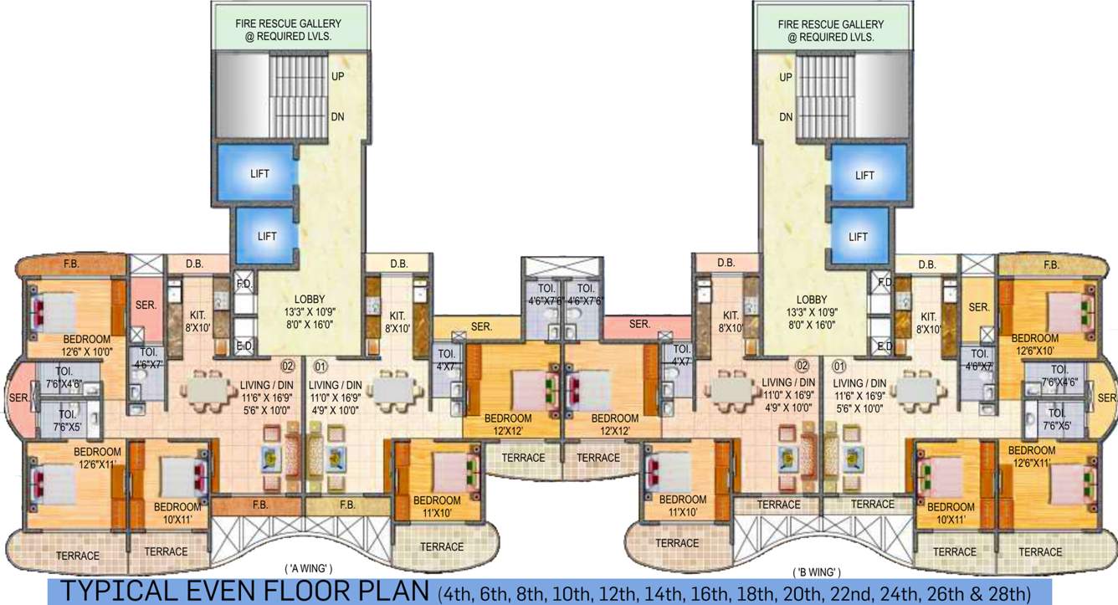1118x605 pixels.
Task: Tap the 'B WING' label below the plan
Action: point(817,572)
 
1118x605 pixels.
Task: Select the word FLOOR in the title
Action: point(307,592)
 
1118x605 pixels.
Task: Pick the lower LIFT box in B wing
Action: point(858,237)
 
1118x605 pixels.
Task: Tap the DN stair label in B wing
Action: point(786,118)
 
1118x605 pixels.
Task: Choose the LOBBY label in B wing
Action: point(811,300)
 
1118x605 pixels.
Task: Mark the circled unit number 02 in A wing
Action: point(287,366)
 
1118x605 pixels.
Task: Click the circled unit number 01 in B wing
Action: point(836,366)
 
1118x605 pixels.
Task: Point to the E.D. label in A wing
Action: point(244,346)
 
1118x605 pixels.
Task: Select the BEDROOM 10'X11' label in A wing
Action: point(177,513)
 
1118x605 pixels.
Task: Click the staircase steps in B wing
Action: point(824,92)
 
